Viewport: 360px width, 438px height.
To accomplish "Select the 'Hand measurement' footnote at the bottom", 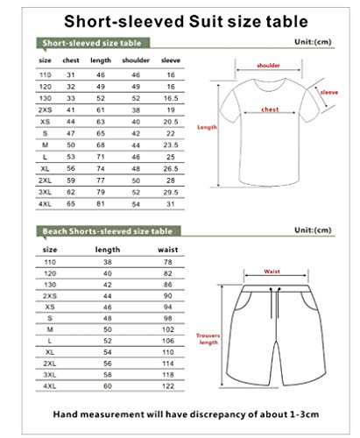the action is coord(180,414).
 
